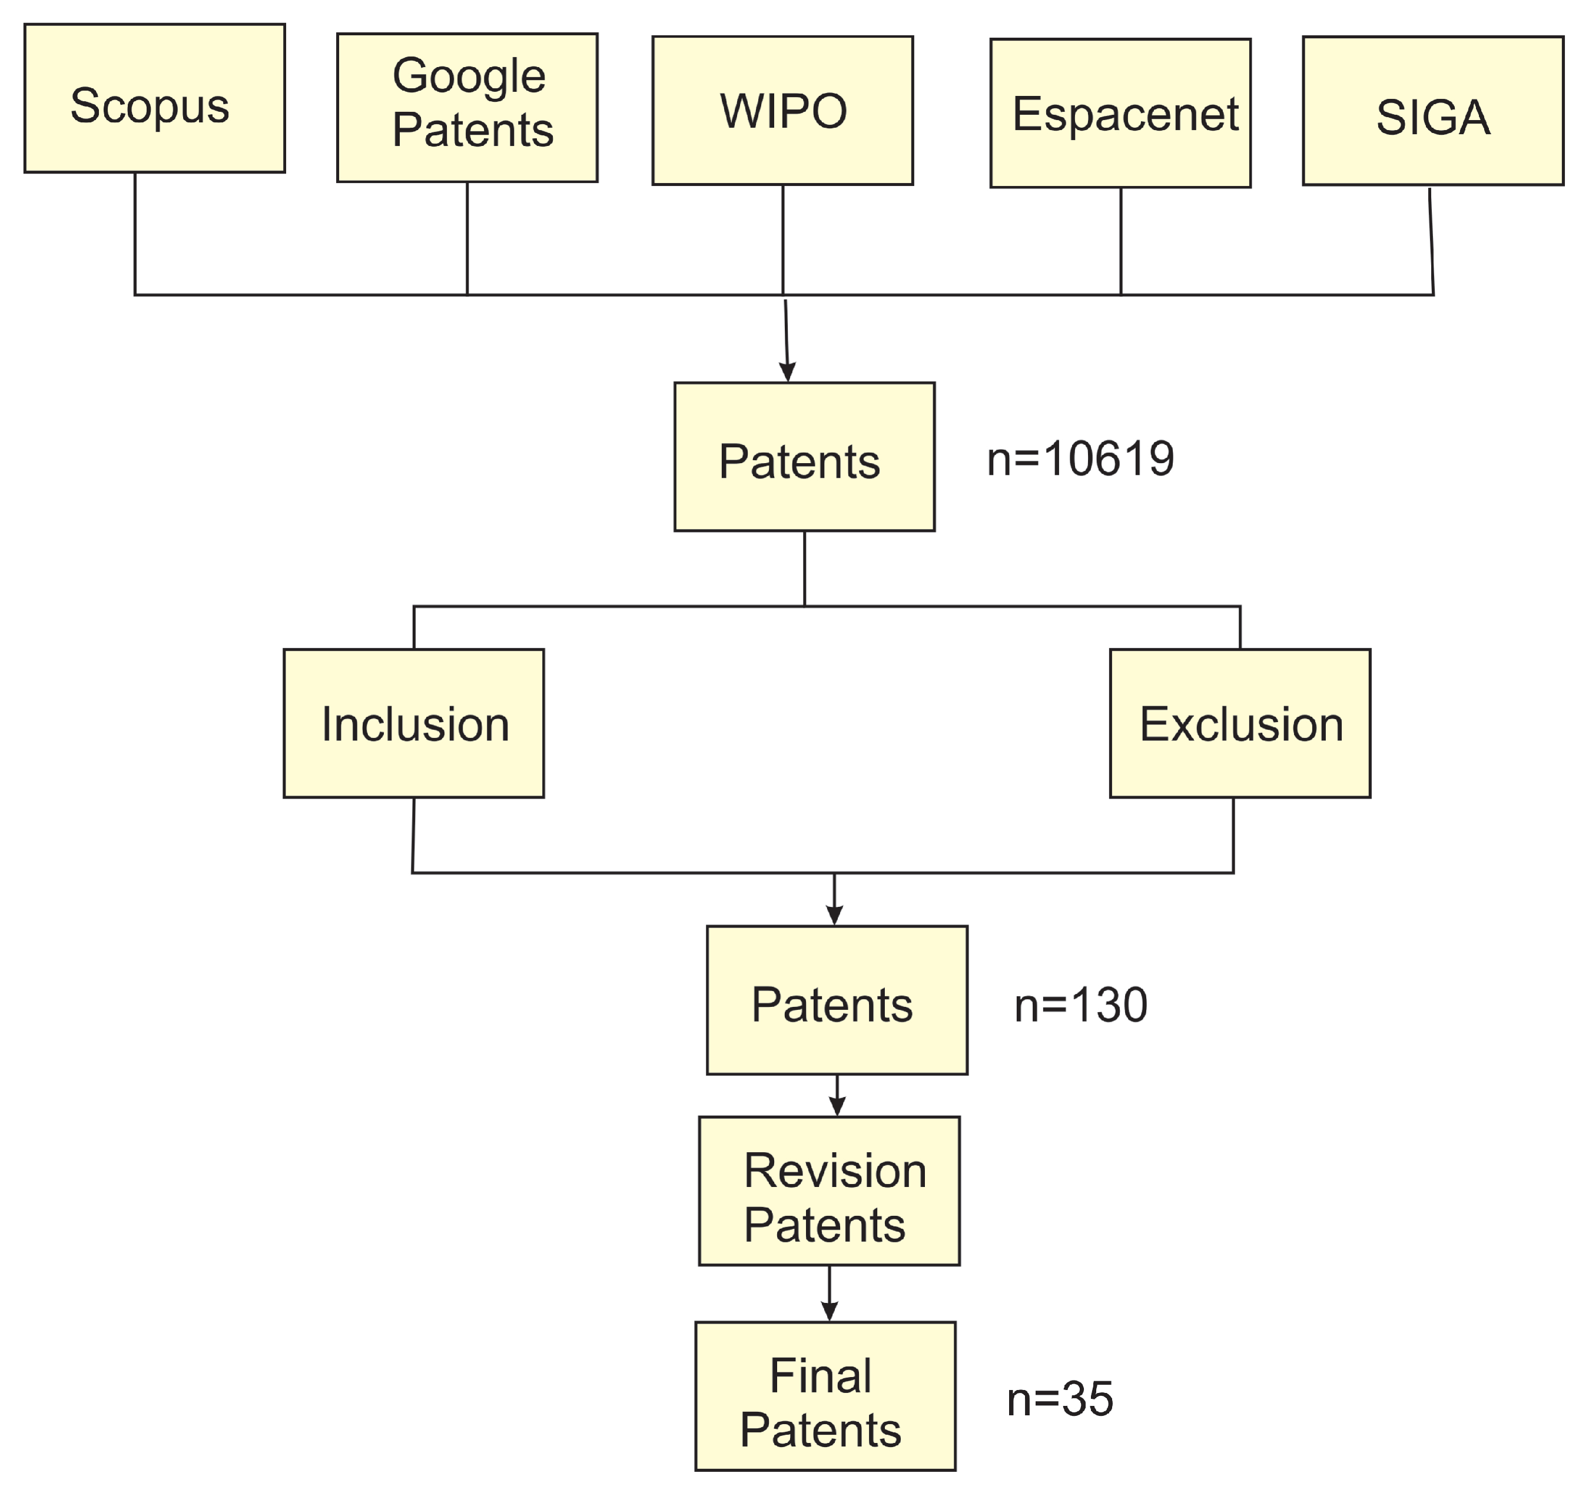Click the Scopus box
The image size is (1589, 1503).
tap(155, 98)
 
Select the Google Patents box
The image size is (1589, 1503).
tap(467, 107)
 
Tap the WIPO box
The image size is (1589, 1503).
tap(783, 111)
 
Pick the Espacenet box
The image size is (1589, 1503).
tap(1120, 113)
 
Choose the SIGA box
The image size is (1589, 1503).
tap(1433, 111)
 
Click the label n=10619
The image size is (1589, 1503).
tap(1080, 459)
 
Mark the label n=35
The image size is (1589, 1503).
tap(1059, 1399)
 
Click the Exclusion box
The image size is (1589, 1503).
tap(1240, 723)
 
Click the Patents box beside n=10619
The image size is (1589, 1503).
tap(805, 457)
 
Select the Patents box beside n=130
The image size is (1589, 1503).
tap(837, 1000)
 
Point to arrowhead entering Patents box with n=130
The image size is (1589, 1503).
tap(835, 915)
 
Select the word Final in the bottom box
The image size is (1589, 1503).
tap(821, 1376)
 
